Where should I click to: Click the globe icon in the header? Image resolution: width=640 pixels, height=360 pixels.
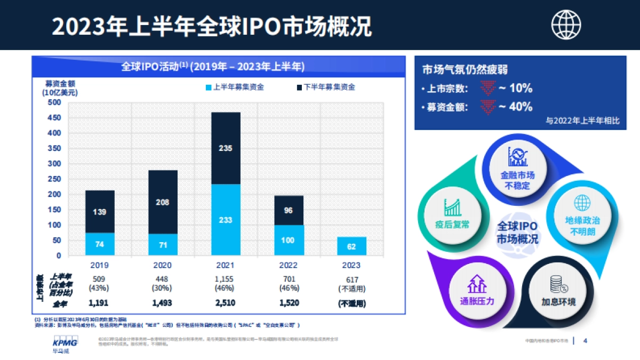566,25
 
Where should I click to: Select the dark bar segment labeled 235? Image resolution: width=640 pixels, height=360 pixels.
226,148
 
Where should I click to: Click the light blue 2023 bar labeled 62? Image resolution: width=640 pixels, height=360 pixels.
351,246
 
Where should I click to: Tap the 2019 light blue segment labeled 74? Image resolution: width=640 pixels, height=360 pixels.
100,244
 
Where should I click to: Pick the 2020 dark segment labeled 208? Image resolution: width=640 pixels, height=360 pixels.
163,202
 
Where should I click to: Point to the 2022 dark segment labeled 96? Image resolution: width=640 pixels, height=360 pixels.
289,210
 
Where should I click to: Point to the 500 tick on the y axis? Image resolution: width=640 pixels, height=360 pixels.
54,103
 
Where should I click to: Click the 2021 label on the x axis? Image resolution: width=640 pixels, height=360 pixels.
226,265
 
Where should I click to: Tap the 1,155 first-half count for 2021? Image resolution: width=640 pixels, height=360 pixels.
226,279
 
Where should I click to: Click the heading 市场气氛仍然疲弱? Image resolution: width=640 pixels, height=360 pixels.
465,70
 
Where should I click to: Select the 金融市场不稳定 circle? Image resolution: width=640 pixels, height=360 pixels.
517,169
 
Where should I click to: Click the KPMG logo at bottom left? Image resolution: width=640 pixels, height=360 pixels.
65,343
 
